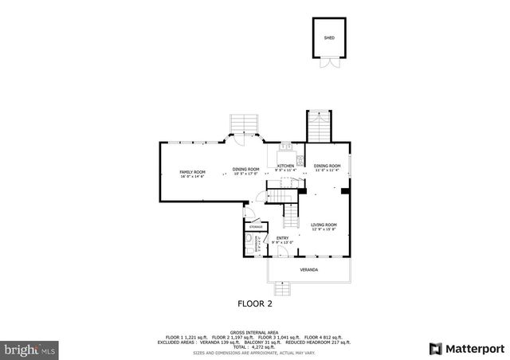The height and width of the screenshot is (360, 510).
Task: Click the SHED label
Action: pyautogui.click(x=328, y=37)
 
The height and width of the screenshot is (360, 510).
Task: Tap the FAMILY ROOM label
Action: pyautogui.click(x=192, y=172)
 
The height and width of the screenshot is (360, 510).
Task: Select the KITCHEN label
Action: pyautogui.click(x=285, y=166)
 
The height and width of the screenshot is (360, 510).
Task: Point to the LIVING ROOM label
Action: pyautogui.click(x=324, y=225)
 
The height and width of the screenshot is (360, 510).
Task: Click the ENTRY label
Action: pyautogui.click(x=282, y=237)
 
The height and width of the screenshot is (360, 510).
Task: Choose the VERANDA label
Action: pyautogui.click(x=308, y=270)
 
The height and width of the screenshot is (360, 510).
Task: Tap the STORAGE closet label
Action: pyautogui.click(x=256, y=227)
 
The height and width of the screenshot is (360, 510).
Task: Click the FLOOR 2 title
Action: pyautogui.click(x=255, y=303)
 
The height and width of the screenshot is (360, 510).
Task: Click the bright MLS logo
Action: pyautogui.click(x=30, y=349)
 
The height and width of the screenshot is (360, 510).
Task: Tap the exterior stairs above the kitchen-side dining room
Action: pyautogui.click(x=317, y=125)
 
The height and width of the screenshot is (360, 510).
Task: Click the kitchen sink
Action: pyautogui.click(x=284, y=147)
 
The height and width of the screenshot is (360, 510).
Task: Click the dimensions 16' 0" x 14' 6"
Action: pyautogui.click(x=192, y=177)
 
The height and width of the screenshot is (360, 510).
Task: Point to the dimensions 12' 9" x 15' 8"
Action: pyautogui.click(x=324, y=229)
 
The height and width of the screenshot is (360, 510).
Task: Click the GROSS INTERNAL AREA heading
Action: pyautogui.click(x=255, y=331)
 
